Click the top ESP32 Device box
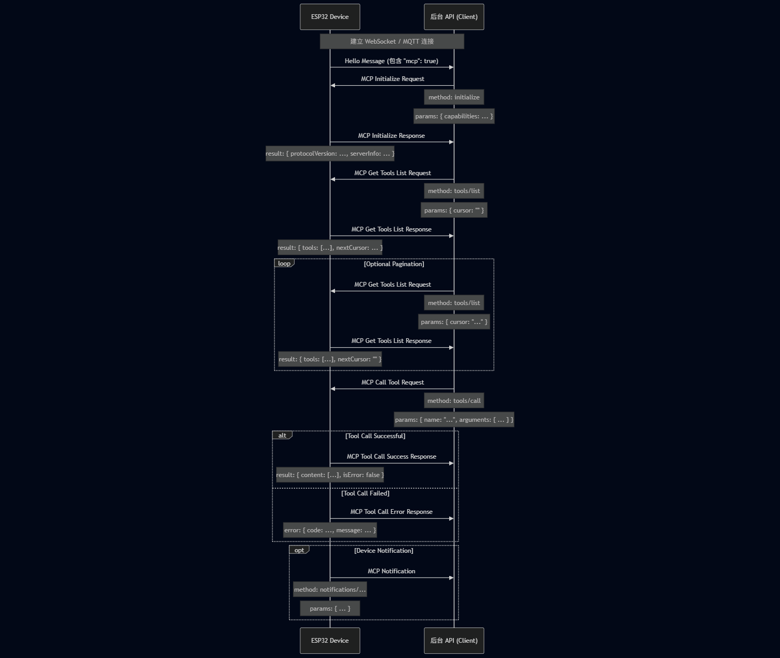pos(330,17)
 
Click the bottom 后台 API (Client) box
pos(454,641)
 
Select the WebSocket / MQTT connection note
pos(392,42)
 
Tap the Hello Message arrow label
pos(391,61)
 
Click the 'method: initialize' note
pos(454,97)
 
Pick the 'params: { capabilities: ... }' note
pos(454,116)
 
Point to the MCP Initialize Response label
pos(391,136)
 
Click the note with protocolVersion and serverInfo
pos(330,154)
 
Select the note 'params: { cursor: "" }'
pos(454,210)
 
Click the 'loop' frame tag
pos(284,264)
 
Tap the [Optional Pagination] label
pos(394,264)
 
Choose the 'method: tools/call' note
pos(454,401)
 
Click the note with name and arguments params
pos(454,420)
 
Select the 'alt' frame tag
pos(282,436)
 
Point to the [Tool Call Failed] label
pos(365,493)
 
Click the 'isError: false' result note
pos(330,475)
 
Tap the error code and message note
pos(330,530)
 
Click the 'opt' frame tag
pos(299,550)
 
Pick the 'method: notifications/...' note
pos(330,590)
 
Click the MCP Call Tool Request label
pos(392,382)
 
